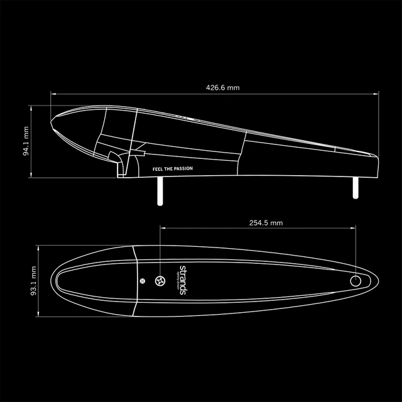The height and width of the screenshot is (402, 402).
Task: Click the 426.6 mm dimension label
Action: coord(223,87)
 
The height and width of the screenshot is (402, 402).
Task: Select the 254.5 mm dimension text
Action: coord(266,222)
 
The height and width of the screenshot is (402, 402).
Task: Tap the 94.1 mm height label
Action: coord(26,141)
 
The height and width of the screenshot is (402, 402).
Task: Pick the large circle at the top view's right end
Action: coord(356,281)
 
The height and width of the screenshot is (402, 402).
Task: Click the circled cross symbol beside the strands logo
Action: coord(161,281)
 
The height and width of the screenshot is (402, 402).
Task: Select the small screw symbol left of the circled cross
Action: coord(143,281)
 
